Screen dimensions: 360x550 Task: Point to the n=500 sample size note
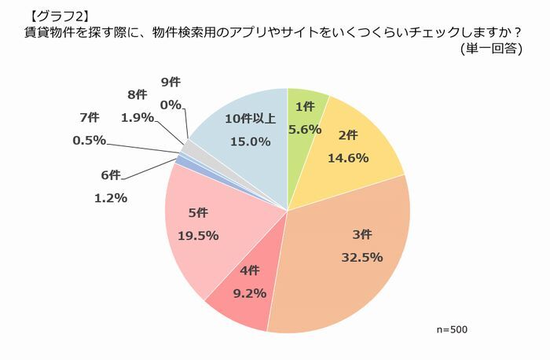click(452, 329)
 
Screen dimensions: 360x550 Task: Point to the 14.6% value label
click(354, 157)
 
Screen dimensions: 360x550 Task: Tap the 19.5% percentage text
click(198, 235)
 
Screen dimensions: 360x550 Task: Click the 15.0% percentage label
click(250, 142)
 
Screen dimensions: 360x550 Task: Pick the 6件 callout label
click(111, 174)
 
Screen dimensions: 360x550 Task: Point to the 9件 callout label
click(170, 82)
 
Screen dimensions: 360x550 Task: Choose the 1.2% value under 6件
click(111, 198)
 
